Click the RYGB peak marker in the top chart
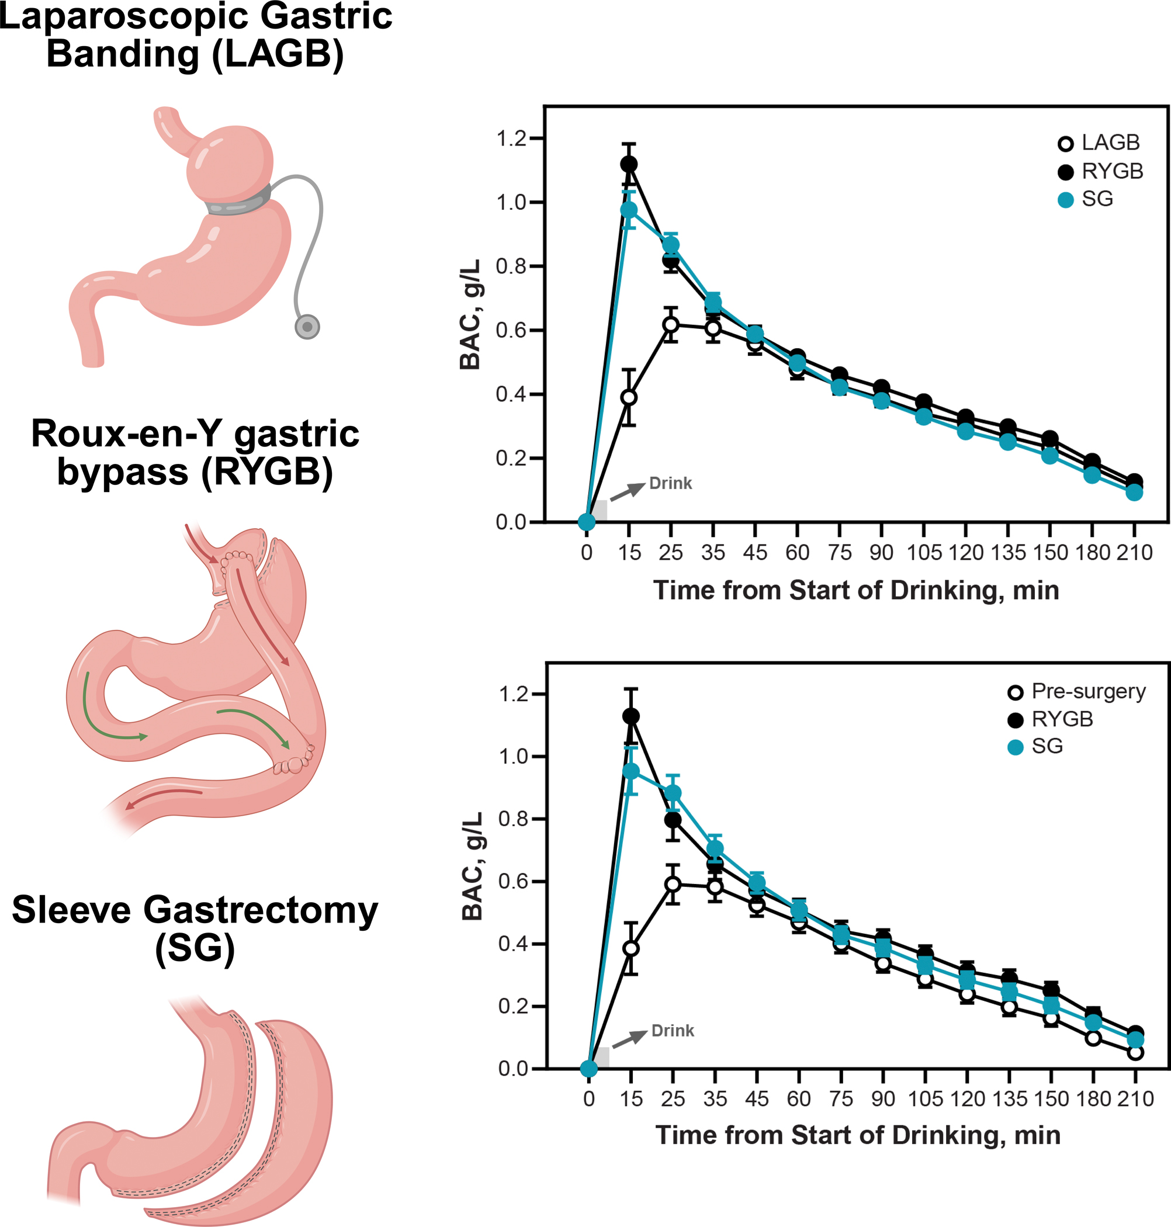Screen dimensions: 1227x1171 629,164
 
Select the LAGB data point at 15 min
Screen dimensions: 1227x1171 629,397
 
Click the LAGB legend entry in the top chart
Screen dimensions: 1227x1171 1101,143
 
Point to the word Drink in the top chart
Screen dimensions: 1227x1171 670,483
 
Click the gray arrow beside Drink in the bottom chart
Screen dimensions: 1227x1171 630,1038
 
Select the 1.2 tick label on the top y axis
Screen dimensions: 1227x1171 511,138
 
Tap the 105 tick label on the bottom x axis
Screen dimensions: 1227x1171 925,1099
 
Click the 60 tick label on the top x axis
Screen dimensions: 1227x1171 797,553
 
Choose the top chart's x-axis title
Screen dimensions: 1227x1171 856,590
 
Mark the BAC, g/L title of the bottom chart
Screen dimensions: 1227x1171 473,866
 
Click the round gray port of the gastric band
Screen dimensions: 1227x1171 307,327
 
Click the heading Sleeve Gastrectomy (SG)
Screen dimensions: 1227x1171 195,928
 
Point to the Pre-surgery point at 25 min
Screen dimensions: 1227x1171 672,885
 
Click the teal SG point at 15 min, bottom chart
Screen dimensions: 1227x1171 631,771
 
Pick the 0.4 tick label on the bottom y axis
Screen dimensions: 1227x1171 513,944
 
